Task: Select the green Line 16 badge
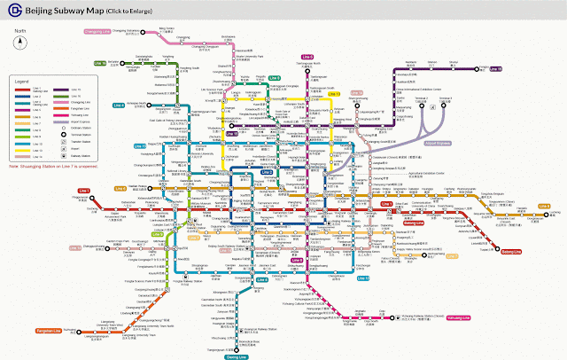coord(99,63)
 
